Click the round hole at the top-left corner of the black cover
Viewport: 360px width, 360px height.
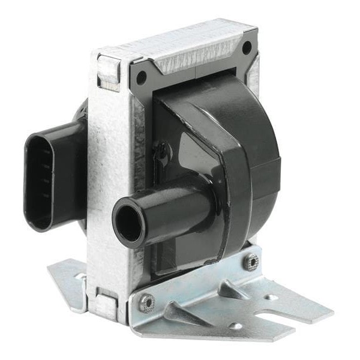point(142,77)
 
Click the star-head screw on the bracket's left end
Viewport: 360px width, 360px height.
point(146,304)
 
